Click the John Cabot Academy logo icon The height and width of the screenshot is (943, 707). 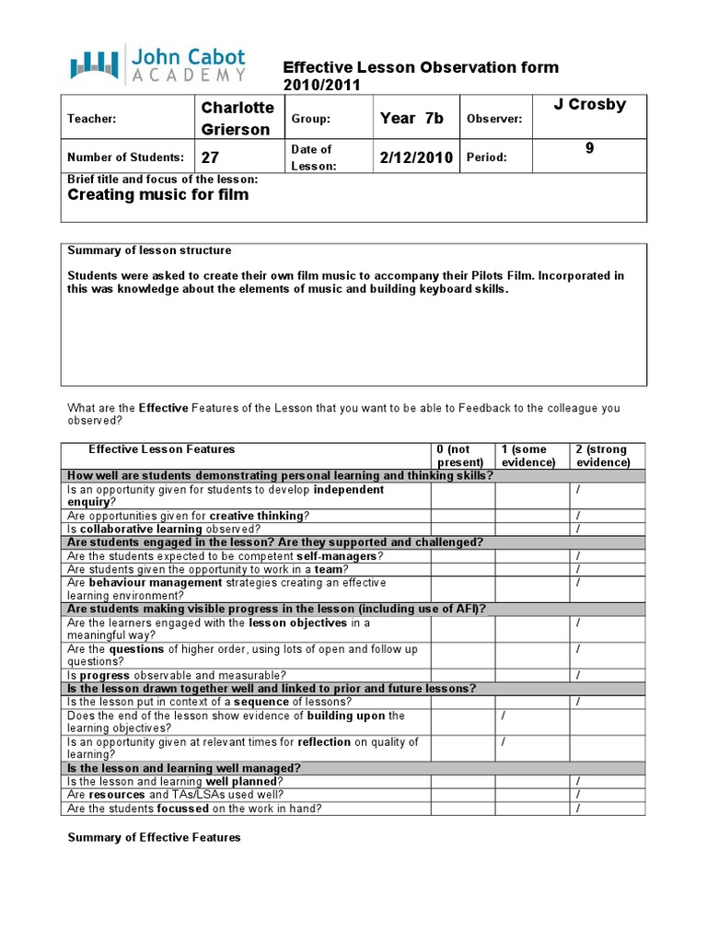[x=95, y=64]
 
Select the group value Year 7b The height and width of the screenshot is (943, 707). [x=411, y=118]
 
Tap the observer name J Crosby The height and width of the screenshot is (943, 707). [x=589, y=105]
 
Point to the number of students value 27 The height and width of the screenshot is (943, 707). [x=211, y=157]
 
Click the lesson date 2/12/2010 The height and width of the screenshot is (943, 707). [x=416, y=157]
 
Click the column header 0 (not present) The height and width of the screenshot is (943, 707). [x=461, y=456]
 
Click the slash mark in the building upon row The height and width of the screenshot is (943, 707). [x=503, y=716]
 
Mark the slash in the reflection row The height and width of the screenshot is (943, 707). [x=503, y=741]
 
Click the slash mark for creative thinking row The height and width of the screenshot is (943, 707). [x=577, y=516]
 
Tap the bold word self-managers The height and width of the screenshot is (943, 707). [x=338, y=556]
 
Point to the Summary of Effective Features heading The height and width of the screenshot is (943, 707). [x=155, y=837]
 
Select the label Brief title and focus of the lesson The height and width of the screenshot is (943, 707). [x=163, y=179]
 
